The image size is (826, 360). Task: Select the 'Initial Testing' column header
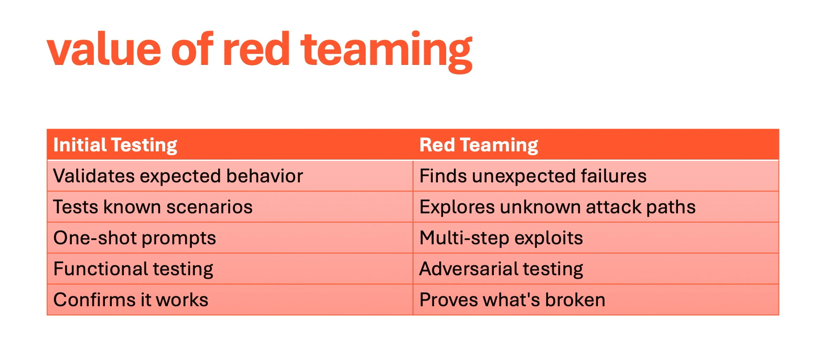coord(115,145)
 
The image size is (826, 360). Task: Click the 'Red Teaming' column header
coord(478,145)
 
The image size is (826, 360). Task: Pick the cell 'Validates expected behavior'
coord(178,176)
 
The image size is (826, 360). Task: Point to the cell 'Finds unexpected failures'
coord(533,176)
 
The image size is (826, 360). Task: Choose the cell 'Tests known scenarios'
coord(153,207)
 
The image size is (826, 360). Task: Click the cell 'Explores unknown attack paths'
coord(557,207)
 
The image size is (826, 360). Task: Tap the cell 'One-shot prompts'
coord(134,238)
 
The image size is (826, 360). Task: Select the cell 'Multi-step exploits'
coord(501,238)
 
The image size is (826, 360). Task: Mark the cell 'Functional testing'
coord(133,269)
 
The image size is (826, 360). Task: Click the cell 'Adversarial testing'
coord(501,269)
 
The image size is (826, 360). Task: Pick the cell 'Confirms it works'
coord(130,300)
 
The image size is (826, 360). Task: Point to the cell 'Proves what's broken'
coord(512,300)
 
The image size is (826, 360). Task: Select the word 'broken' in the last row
coord(575,300)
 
